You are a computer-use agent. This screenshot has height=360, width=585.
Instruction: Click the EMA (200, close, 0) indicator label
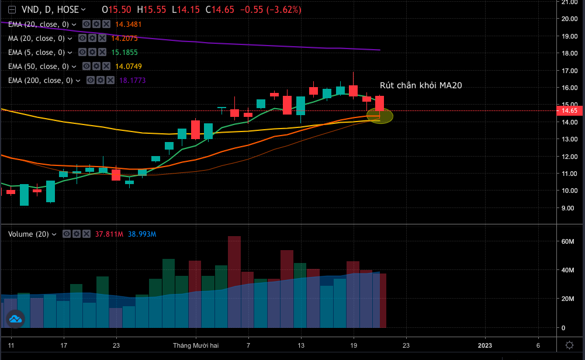coord(40,80)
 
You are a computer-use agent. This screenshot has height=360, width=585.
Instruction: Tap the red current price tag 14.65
coord(569,110)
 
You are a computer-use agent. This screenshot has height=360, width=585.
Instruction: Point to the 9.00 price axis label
coord(567,207)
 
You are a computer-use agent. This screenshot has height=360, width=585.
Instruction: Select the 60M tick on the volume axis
coord(567,241)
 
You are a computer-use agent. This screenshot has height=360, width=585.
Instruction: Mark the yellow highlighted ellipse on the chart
coord(379,116)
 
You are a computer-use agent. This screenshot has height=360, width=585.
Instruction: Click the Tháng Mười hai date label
coord(195,345)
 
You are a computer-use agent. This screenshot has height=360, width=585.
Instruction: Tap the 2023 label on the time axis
coord(485,345)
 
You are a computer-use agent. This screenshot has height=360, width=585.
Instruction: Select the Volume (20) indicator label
coord(29,234)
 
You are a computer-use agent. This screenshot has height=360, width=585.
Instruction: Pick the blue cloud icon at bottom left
coord(15,319)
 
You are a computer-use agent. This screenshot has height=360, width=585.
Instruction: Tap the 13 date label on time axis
coord(301,345)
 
